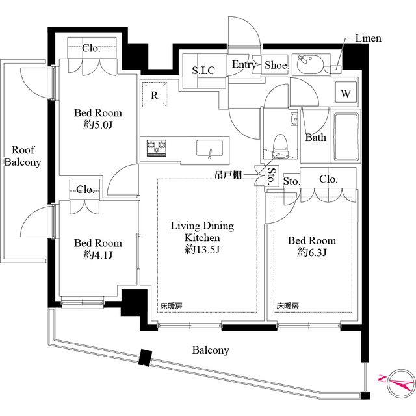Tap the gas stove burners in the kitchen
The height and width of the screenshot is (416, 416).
157,148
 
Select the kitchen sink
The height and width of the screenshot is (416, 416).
209,148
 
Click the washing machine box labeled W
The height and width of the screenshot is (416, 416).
346,94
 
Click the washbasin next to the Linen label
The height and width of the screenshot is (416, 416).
308,65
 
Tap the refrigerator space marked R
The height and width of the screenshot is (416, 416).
155,95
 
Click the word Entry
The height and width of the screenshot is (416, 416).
244,65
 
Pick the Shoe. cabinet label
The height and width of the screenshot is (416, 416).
276,65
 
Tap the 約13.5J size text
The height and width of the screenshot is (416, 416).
201,250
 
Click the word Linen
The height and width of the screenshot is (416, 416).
368,38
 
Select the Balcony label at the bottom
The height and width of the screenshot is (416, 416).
210,350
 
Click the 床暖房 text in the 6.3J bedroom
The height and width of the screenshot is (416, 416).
288,305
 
